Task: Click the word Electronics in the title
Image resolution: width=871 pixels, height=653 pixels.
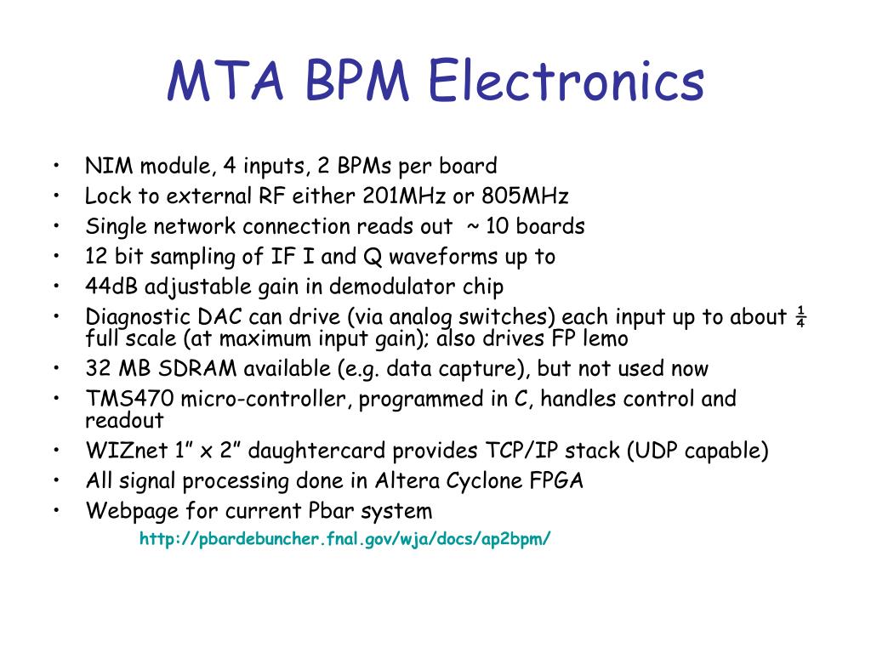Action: [566, 82]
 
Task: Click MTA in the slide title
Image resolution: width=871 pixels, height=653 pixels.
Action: [223, 82]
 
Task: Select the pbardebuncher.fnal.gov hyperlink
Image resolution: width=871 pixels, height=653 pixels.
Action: [345, 538]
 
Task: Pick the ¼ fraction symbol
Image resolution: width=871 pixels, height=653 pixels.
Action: [800, 317]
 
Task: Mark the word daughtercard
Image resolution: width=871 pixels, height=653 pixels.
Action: [332, 451]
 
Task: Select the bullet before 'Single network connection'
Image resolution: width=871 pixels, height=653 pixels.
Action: [55, 227]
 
